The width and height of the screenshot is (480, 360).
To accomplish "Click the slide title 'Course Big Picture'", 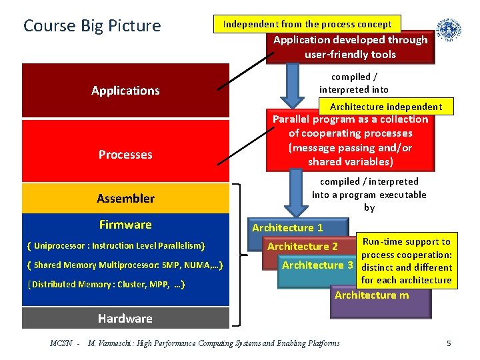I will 92,26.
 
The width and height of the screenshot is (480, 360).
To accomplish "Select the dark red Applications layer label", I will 125,91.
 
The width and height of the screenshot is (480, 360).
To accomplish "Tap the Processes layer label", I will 125,155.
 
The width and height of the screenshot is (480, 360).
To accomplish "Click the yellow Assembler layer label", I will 125,198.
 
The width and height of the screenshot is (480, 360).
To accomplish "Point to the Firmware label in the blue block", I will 125,225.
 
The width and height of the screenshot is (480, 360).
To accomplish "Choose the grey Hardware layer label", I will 125,318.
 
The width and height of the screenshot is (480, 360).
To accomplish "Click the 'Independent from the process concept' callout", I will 307,24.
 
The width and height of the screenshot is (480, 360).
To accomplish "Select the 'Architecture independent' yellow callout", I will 386,107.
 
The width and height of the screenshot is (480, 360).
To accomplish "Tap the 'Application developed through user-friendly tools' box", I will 351,47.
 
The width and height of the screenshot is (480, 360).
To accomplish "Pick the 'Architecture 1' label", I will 287,228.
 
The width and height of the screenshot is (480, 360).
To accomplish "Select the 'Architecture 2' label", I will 303,247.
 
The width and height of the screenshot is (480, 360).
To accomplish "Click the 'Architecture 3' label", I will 318,265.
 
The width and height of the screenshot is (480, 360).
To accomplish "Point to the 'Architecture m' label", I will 372,295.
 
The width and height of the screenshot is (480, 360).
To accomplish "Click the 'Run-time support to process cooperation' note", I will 407,261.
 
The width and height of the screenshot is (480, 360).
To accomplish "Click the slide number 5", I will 449,343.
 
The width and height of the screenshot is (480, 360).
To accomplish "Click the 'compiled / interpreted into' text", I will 353,83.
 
